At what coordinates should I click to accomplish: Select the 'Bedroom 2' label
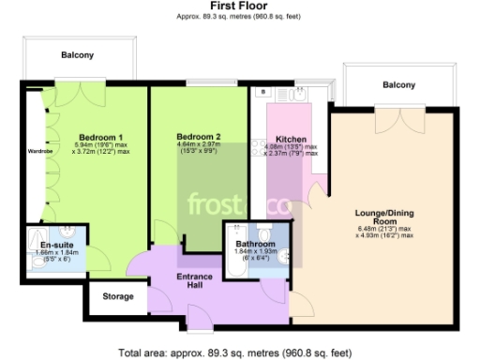199,137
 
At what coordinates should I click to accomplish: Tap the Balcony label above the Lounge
398,85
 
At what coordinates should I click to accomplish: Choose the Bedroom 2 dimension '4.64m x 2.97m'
198,144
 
